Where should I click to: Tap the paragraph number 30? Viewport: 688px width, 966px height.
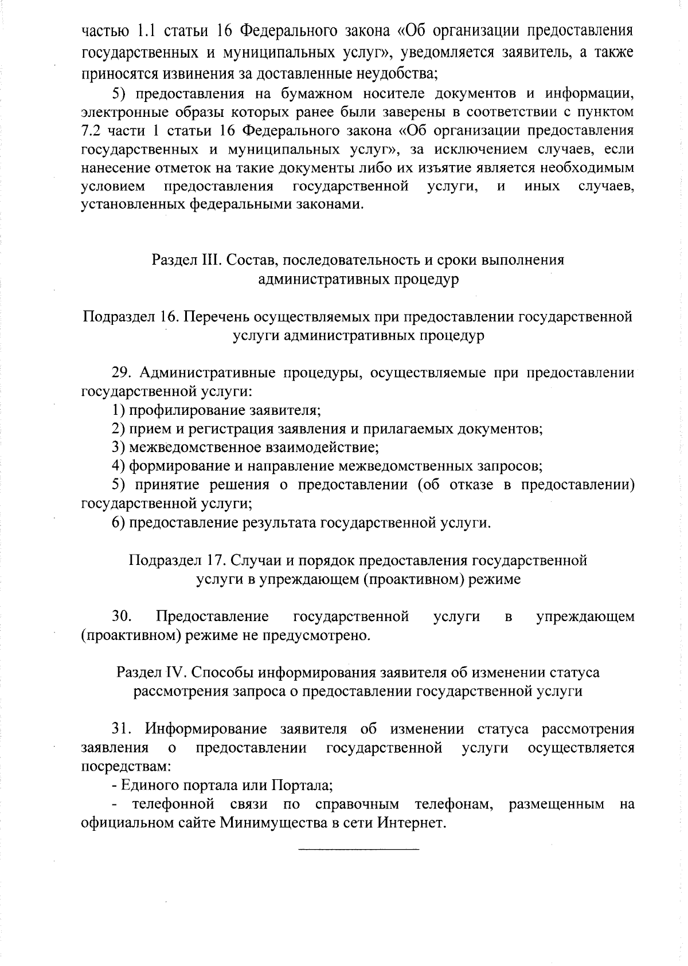(x=122, y=616)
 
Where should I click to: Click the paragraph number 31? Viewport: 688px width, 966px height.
(x=122, y=729)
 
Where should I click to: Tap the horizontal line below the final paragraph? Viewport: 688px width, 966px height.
(x=359, y=847)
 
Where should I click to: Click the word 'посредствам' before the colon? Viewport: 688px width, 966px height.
(x=124, y=767)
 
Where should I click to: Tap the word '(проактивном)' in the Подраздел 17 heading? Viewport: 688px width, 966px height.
(x=413, y=579)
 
